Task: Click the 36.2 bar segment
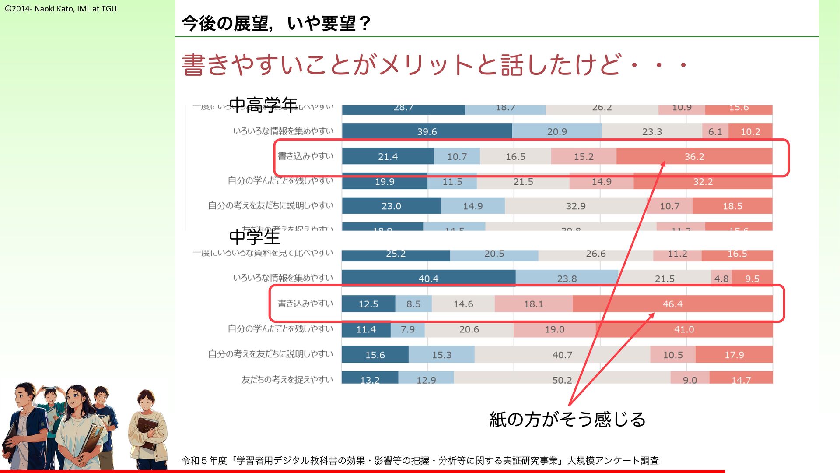(694, 156)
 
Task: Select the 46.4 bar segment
(672, 304)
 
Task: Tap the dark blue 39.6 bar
(427, 131)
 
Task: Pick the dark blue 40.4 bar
(428, 279)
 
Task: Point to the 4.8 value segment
(721, 279)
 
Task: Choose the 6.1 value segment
(715, 131)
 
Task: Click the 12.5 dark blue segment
(368, 304)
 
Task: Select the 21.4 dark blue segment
(388, 156)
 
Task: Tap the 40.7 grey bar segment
(562, 355)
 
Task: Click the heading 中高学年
(263, 105)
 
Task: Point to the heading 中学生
(255, 237)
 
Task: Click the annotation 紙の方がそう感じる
(567, 420)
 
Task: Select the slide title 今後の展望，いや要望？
(276, 23)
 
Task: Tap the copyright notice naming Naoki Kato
(61, 8)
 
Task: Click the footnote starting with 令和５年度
(420, 460)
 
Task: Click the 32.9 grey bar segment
(575, 206)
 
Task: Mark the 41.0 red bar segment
(684, 329)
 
